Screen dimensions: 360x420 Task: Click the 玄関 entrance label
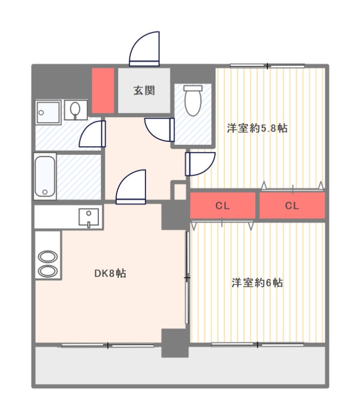pos(144,90)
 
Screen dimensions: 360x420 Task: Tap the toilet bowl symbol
pos(193,100)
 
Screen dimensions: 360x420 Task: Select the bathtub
pos(45,176)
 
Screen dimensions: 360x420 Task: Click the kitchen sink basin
pos(89,217)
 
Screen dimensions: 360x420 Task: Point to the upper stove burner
pos(48,257)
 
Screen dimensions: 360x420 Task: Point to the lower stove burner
pos(48,271)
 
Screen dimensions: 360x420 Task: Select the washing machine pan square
pos(48,112)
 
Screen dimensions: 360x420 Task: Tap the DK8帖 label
pos(110,273)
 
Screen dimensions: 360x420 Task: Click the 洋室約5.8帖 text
pos(257,128)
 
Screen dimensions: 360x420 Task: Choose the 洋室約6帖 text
pos(257,282)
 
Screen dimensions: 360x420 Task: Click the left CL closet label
pos(222,206)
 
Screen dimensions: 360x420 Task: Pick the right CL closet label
pos(292,206)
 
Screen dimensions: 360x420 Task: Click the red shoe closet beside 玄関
pos(103,90)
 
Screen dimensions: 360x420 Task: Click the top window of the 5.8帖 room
pos(268,66)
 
